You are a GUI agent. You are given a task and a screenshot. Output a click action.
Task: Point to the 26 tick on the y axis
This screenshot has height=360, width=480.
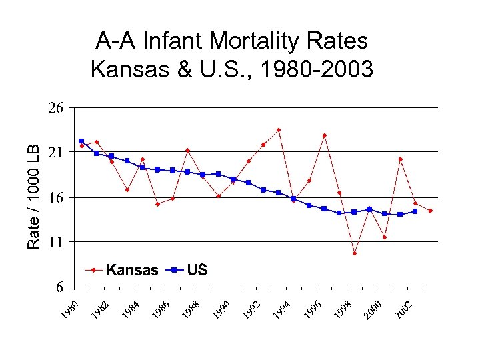tap(55, 108)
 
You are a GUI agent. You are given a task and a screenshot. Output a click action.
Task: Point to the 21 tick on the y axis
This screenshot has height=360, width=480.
tap(55, 153)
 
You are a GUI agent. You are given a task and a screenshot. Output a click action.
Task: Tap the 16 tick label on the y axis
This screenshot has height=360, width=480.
tap(55, 198)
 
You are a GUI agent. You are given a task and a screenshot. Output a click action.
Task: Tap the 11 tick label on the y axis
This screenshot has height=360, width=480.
tap(55, 243)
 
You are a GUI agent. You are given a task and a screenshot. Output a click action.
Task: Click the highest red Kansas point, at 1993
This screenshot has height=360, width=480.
tap(279, 130)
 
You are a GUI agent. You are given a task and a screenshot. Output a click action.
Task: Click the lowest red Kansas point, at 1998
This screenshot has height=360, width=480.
tap(355, 253)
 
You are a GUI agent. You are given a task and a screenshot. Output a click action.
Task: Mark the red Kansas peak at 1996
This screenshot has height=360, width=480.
tap(324, 135)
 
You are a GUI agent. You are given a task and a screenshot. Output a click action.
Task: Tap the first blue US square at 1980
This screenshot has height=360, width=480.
tap(81, 141)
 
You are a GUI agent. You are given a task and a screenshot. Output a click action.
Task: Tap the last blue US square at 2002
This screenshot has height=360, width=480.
tap(415, 211)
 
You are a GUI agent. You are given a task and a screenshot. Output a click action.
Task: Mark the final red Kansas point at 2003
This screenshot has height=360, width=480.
tap(431, 211)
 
